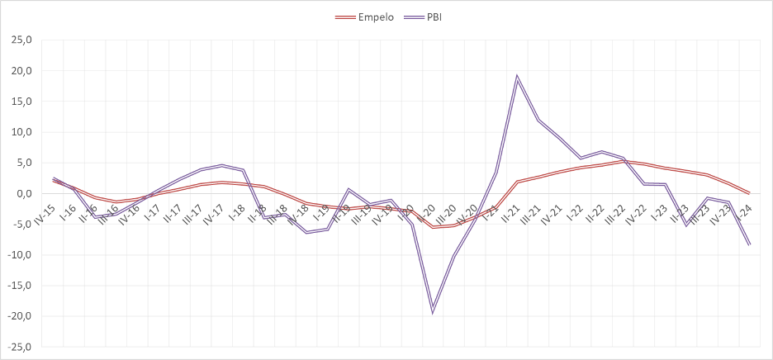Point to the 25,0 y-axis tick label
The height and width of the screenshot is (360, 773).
[x=19, y=40]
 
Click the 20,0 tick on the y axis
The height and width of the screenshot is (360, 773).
[x=19, y=70]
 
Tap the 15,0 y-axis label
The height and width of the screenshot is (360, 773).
[x=19, y=101]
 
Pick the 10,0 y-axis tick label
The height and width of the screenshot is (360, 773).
[x=19, y=132]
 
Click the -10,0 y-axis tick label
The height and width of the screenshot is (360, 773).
[x=17, y=254]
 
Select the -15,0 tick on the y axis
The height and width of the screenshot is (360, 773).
[x=17, y=286]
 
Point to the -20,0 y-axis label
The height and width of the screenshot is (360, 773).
[x=17, y=316]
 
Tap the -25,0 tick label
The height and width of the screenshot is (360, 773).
[x=17, y=347]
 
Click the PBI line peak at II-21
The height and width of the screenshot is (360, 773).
[x=517, y=77]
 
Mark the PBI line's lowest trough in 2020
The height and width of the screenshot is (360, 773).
[x=432, y=310]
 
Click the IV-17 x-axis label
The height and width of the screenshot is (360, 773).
[x=213, y=215]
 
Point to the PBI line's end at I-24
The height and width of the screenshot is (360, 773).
[x=749, y=244]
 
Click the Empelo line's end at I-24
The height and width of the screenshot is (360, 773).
[x=749, y=193]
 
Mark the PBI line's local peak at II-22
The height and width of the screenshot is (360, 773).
[x=602, y=152]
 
